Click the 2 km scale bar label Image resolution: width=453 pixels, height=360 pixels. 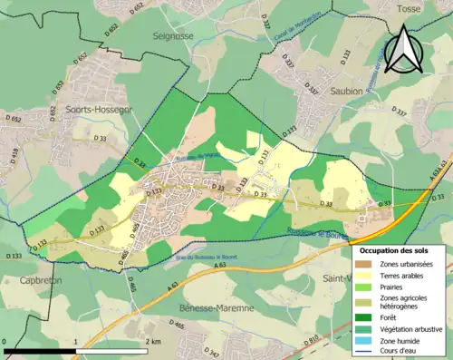point(154,342)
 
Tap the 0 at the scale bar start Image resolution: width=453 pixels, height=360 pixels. point(5,342)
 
